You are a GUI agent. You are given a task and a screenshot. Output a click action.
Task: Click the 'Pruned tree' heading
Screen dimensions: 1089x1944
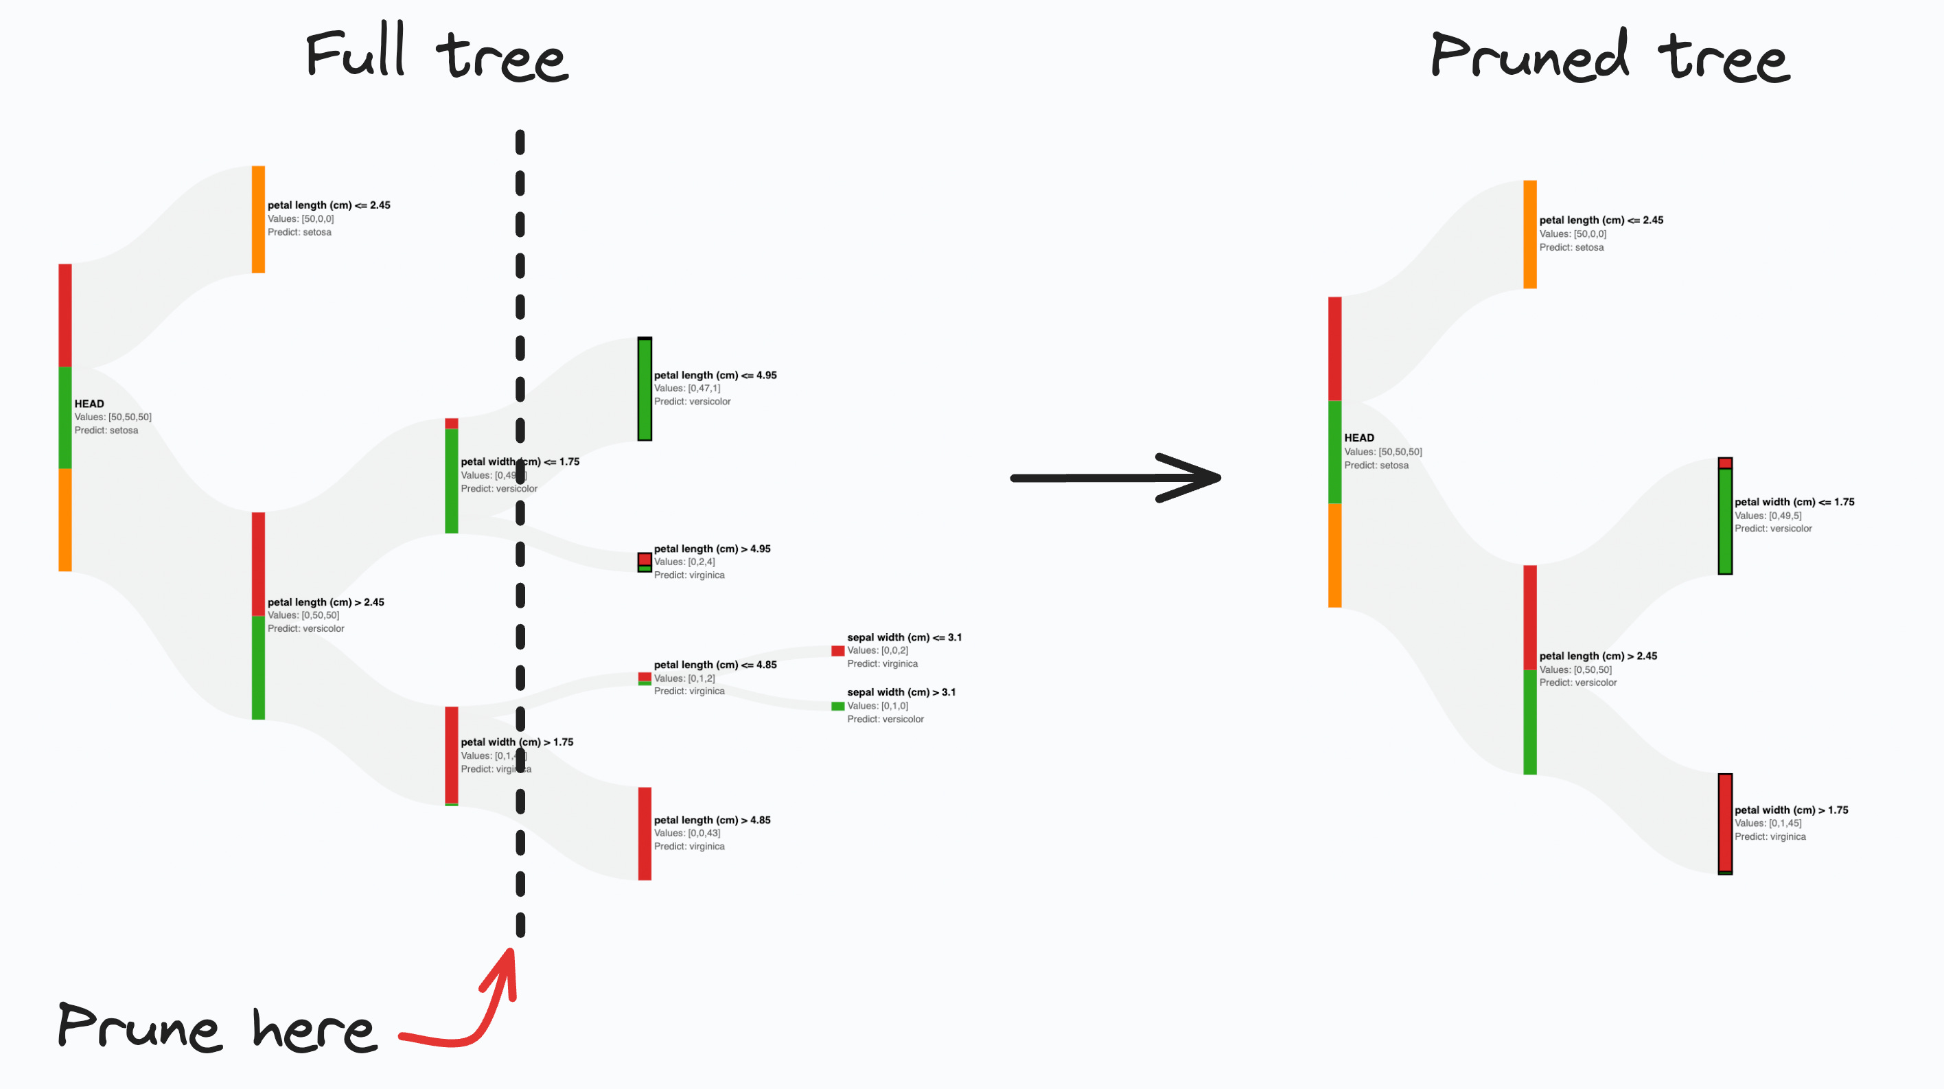coord(1610,56)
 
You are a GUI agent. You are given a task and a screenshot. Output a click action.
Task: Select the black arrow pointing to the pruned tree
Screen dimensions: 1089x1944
coord(1115,477)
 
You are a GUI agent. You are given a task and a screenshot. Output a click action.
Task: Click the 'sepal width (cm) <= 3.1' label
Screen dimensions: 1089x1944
coord(904,637)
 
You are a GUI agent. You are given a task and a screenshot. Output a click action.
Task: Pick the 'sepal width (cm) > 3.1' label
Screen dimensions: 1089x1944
coord(901,692)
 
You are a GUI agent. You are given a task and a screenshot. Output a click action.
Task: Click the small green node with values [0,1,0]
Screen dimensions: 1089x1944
coord(837,707)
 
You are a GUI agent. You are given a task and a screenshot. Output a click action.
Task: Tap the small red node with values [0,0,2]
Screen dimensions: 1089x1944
coord(837,650)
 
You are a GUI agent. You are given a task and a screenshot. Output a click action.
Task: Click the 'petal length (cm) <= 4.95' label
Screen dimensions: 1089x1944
coord(715,375)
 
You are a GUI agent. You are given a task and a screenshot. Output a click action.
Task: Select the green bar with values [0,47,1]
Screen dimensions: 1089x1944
coord(645,389)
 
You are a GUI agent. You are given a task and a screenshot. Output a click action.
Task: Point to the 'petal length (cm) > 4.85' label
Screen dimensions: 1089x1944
coord(712,820)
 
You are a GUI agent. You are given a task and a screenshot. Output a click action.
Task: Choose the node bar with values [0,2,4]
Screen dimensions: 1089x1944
coord(645,562)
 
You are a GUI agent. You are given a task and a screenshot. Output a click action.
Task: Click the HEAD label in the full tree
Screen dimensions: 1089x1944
coord(89,404)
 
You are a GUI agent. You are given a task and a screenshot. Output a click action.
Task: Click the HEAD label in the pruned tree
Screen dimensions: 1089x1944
coord(1358,437)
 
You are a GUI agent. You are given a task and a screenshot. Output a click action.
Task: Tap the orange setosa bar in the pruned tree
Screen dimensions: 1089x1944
coord(1529,234)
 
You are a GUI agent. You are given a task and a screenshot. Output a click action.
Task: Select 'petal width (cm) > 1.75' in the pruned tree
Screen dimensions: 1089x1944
coord(1791,810)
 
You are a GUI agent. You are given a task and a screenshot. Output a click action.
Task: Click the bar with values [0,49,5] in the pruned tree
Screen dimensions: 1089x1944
coord(1725,516)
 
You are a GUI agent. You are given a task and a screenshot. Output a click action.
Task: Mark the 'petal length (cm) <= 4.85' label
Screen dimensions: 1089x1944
coord(715,665)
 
